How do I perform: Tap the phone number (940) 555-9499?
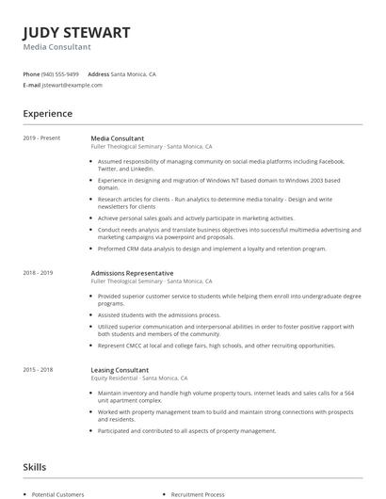tap(61, 73)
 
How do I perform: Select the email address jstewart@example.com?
tap(72, 85)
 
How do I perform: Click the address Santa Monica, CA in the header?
tap(133, 73)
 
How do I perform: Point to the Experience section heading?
tap(48, 114)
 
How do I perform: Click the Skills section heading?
tap(35, 466)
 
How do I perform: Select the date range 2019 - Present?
tap(42, 138)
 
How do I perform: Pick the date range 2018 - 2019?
tap(39, 273)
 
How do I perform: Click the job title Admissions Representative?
tap(132, 273)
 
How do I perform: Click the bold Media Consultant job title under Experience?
tap(117, 138)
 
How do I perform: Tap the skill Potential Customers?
tap(58, 494)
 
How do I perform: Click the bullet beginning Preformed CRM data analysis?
tap(212, 249)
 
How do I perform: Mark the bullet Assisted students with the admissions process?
tap(159, 315)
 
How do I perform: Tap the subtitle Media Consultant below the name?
tap(56, 46)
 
